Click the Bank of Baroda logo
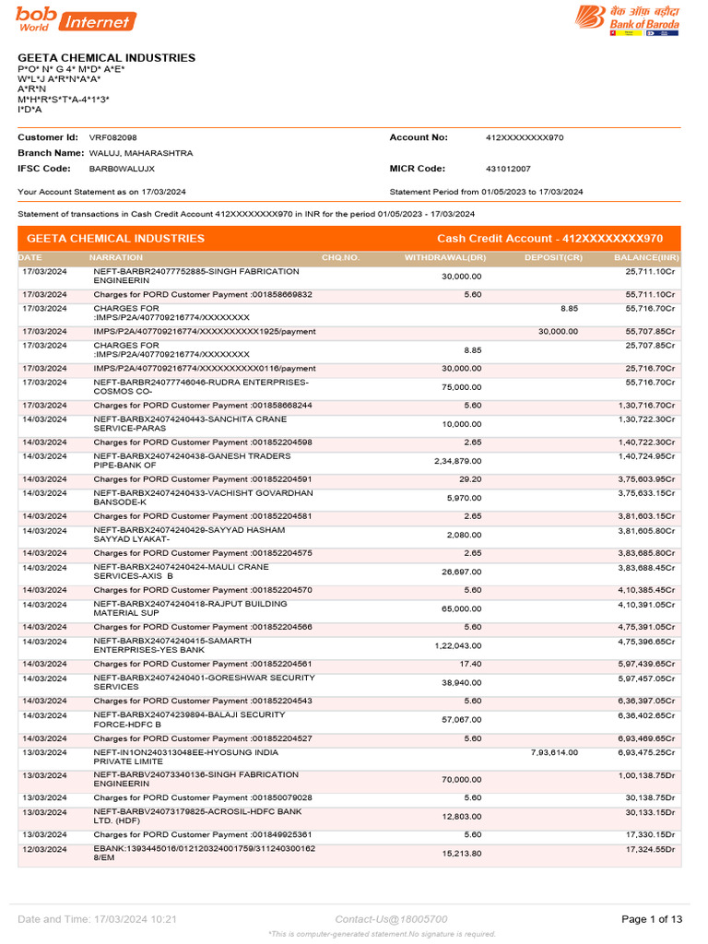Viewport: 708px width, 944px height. click(628, 20)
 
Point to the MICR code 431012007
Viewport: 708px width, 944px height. click(508, 170)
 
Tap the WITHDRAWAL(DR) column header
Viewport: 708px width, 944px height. click(445, 257)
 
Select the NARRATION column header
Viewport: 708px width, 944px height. click(115, 257)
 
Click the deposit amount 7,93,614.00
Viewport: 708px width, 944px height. click(554, 753)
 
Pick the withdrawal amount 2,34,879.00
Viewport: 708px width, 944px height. click(457, 461)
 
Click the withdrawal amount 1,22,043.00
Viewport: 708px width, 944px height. click(457, 646)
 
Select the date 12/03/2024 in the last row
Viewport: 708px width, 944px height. click(44, 849)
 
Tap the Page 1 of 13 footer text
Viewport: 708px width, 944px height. click(652, 919)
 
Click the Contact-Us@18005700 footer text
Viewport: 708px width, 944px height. click(391, 919)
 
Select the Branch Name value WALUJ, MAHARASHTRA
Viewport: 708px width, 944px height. click(140, 153)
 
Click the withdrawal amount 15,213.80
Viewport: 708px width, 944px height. click(461, 855)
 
